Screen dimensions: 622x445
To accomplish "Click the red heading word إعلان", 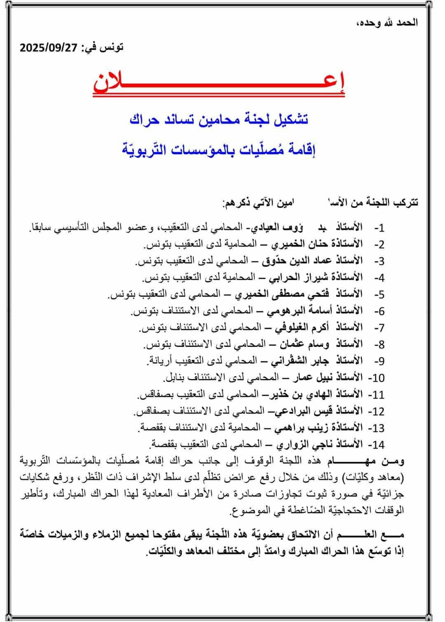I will [219, 84].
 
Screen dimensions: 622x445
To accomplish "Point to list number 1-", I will [379, 228].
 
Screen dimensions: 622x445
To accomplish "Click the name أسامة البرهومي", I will [301, 311].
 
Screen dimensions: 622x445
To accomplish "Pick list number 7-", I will [379, 328].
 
